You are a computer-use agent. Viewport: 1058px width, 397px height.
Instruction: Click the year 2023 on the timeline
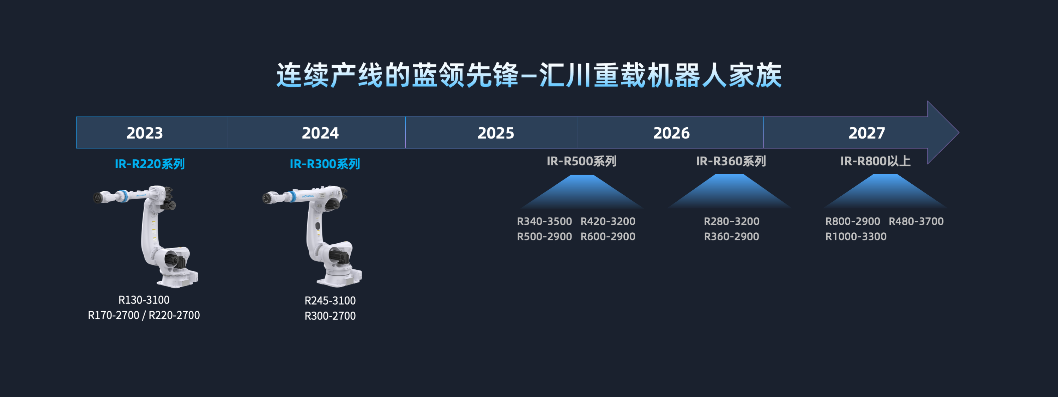pos(145,133)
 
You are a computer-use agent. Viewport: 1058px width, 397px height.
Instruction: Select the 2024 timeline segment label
pos(320,133)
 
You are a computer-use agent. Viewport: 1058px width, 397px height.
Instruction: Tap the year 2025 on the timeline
pos(496,133)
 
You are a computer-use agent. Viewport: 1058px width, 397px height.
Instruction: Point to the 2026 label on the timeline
pos(671,133)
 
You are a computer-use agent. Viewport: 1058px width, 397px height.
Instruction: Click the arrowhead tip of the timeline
pos(959,133)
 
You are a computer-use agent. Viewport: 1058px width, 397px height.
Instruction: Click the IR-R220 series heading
pos(150,164)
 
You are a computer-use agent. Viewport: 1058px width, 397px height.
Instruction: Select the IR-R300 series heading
pos(325,164)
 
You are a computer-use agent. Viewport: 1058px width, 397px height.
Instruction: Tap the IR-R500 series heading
pos(582,161)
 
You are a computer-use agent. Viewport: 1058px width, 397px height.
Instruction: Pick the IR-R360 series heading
pos(731,161)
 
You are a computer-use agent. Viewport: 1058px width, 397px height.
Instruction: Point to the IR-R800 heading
pos(876,161)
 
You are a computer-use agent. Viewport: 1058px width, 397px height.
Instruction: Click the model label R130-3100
pos(144,300)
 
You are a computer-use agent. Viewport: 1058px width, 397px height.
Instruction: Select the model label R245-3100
pos(330,300)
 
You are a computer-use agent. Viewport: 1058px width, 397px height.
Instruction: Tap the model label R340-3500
pos(544,221)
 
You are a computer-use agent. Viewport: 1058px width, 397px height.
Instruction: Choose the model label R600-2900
pos(608,237)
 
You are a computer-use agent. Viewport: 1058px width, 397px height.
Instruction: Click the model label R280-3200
pos(731,221)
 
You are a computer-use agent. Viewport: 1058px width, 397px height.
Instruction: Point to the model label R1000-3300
pos(856,237)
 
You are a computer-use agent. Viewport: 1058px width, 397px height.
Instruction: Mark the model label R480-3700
pos(916,221)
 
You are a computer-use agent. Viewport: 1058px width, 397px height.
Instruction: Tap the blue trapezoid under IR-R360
pos(730,191)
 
